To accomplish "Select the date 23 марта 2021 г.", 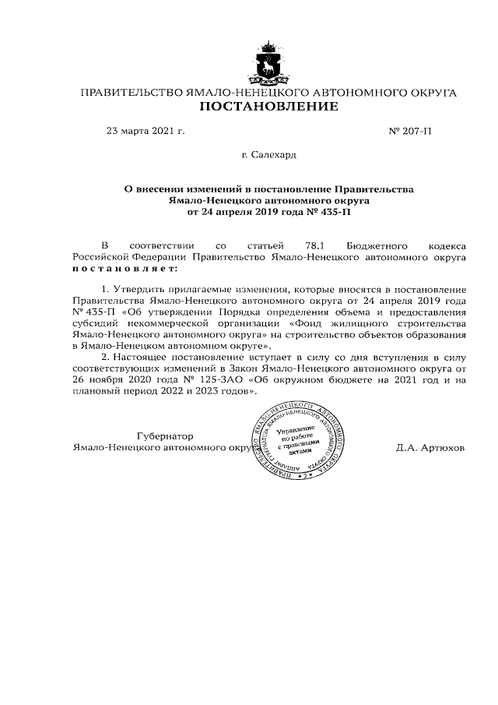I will pyautogui.click(x=145, y=131).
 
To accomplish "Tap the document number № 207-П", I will pyautogui.click(x=409, y=131).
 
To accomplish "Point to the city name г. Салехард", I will pyautogui.click(x=268, y=156).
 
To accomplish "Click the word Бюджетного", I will pyautogui.click(x=357, y=244).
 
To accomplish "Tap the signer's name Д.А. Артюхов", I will pyautogui.click(x=430, y=449).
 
